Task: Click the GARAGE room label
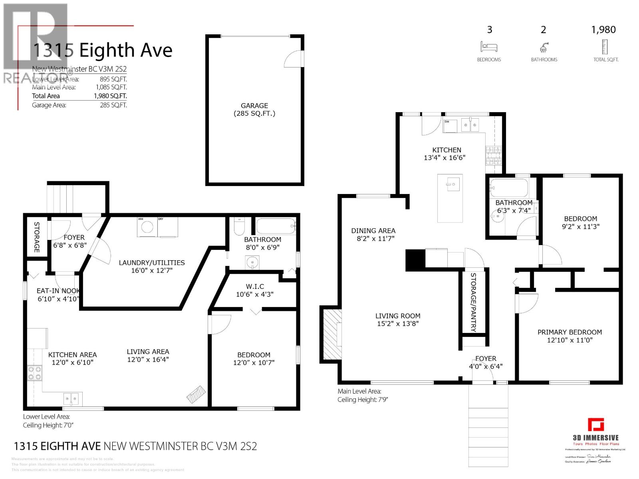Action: coord(254,106)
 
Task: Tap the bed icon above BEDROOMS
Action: coord(489,47)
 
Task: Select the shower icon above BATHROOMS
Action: coord(544,48)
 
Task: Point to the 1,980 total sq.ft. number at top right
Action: coord(603,30)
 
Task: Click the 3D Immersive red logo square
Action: coord(595,425)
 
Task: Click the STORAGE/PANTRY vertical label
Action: coord(473,303)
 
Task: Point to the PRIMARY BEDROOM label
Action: coord(570,332)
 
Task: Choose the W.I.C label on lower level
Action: coord(255,287)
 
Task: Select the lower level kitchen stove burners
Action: coord(34,373)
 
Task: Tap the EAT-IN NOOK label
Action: coord(58,291)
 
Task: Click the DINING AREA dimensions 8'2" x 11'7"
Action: coord(373,239)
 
